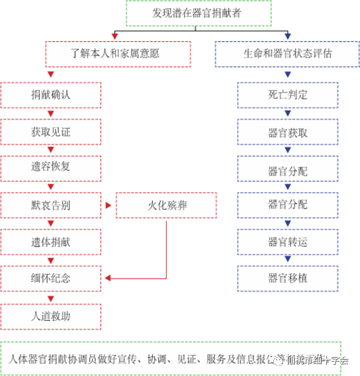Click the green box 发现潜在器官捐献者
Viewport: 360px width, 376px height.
(198, 13)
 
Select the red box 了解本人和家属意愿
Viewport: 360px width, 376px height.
(118, 54)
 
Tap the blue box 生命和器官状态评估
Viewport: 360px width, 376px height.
(287, 54)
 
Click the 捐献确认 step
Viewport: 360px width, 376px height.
(51, 95)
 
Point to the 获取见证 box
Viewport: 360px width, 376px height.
(51, 133)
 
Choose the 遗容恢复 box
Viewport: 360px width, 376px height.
(51, 168)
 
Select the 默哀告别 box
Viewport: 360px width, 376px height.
(51, 205)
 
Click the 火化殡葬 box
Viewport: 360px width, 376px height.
(166, 205)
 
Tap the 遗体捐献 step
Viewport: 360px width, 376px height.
(51, 242)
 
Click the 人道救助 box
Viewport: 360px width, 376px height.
(51, 316)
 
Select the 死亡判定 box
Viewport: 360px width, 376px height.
(287, 95)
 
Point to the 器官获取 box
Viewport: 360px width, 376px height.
(287, 133)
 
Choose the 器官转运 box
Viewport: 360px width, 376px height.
(287, 242)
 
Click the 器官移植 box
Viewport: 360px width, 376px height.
(287, 278)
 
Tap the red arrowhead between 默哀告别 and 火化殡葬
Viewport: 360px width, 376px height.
(108, 206)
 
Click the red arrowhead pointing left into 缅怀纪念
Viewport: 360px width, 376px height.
(107, 278)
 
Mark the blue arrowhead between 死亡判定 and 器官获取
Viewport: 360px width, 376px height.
(287, 114)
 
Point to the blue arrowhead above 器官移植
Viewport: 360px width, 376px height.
(287, 259)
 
